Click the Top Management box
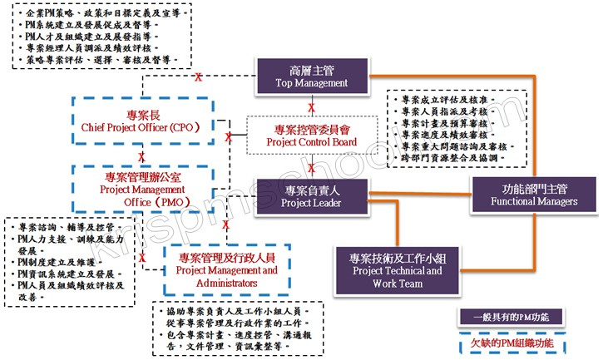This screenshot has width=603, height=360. (310, 76)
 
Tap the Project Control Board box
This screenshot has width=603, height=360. (311, 136)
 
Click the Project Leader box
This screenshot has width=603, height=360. (311, 196)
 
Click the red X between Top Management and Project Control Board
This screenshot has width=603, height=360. (311, 108)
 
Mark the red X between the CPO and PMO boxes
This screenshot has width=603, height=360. (142, 157)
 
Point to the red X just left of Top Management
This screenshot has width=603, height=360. (198, 77)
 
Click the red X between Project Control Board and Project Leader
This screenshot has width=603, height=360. (311, 167)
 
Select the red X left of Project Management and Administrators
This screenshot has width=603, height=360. (143, 258)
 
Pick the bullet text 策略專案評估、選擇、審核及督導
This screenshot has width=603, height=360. (98, 61)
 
